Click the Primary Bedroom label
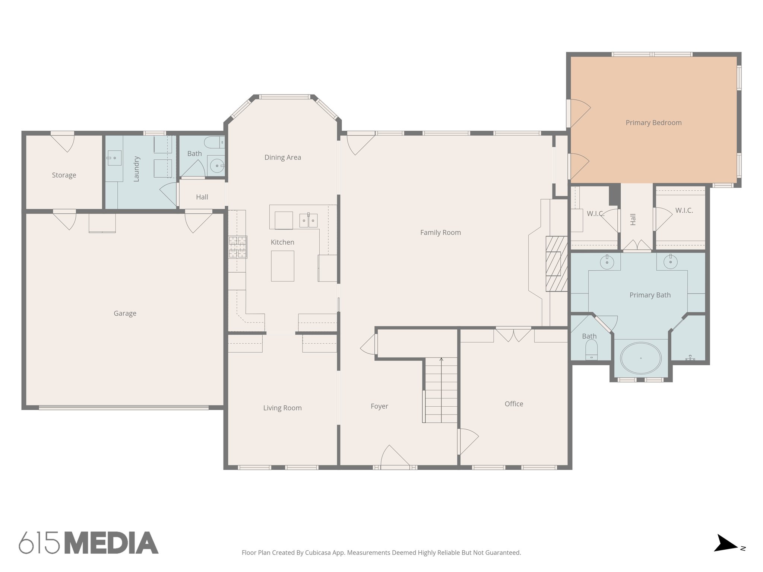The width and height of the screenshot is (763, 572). click(x=653, y=123)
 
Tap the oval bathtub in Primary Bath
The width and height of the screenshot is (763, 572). click(x=640, y=358)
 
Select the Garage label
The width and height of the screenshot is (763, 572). click(x=125, y=313)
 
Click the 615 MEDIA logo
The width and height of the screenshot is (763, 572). click(x=89, y=543)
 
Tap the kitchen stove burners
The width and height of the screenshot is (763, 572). click(x=238, y=247)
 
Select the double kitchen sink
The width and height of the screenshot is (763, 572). click(x=308, y=220)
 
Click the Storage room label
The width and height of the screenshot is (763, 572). click(x=64, y=175)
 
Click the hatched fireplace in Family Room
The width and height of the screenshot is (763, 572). click(x=556, y=264)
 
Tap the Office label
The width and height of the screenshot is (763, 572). click(x=514, y=404)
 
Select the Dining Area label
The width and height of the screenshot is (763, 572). click(x=282, y=157)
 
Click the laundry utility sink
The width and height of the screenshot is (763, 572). click(x=114, y=158)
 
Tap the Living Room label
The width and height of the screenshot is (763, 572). click(x=282, y=408)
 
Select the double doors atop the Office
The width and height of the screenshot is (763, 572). click(x=513, y=334)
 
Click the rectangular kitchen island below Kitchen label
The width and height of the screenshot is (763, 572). click(x=282, y=266)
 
